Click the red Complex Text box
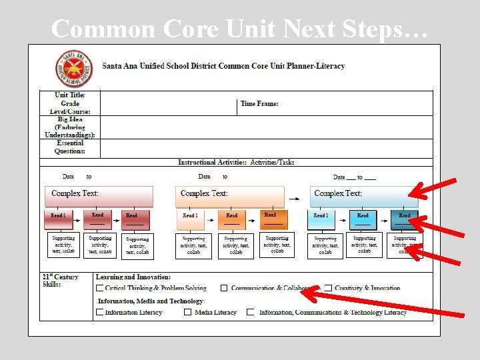tap(98, 196)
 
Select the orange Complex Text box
tap(229, 196)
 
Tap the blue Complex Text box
tap(363, 196)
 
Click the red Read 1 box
tap(59, 219)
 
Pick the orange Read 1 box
tap(190, 219)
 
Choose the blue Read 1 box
tap(321, 219)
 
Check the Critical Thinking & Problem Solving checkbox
tap(99, 289)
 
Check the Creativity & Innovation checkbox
tap(328, 289)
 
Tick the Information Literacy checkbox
tap(99, 312)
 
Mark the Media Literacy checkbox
tap(188, 312)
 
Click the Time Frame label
tap(259, 103)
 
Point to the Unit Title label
tap(70, 95)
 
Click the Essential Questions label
tap(70, 147)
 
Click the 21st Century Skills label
tap(61, 281)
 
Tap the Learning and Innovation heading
tap(133, 277)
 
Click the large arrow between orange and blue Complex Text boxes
tap(294, 197)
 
